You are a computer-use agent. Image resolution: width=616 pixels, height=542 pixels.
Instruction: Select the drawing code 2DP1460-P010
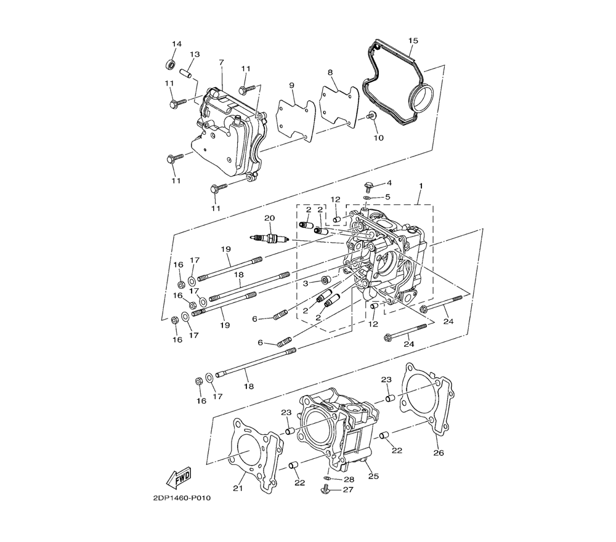182,498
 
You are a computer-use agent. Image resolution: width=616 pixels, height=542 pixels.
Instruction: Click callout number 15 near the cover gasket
413,41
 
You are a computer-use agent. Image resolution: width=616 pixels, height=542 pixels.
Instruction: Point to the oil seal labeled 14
171,64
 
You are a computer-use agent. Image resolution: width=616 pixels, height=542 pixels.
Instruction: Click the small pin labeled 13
185,73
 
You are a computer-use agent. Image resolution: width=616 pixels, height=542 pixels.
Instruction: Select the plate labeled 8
339,107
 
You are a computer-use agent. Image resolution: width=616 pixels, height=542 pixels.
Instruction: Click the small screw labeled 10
371,115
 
